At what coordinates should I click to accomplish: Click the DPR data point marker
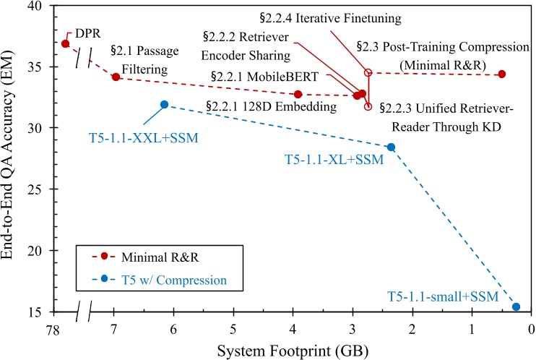pos(66,44)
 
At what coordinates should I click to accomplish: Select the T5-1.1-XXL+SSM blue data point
pos(164,105)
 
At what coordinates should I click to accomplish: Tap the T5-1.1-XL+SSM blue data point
pos(391,147)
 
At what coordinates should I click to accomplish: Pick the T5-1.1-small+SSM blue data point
pos(516,307)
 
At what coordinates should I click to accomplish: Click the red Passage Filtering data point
pos(116,77)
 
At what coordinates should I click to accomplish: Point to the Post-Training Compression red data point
pos(502,74)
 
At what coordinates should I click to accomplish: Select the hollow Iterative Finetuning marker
pos(368,73)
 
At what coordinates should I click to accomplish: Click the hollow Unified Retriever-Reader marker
pos(368,106)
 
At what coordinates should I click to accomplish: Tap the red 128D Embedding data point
pos(298,95)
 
